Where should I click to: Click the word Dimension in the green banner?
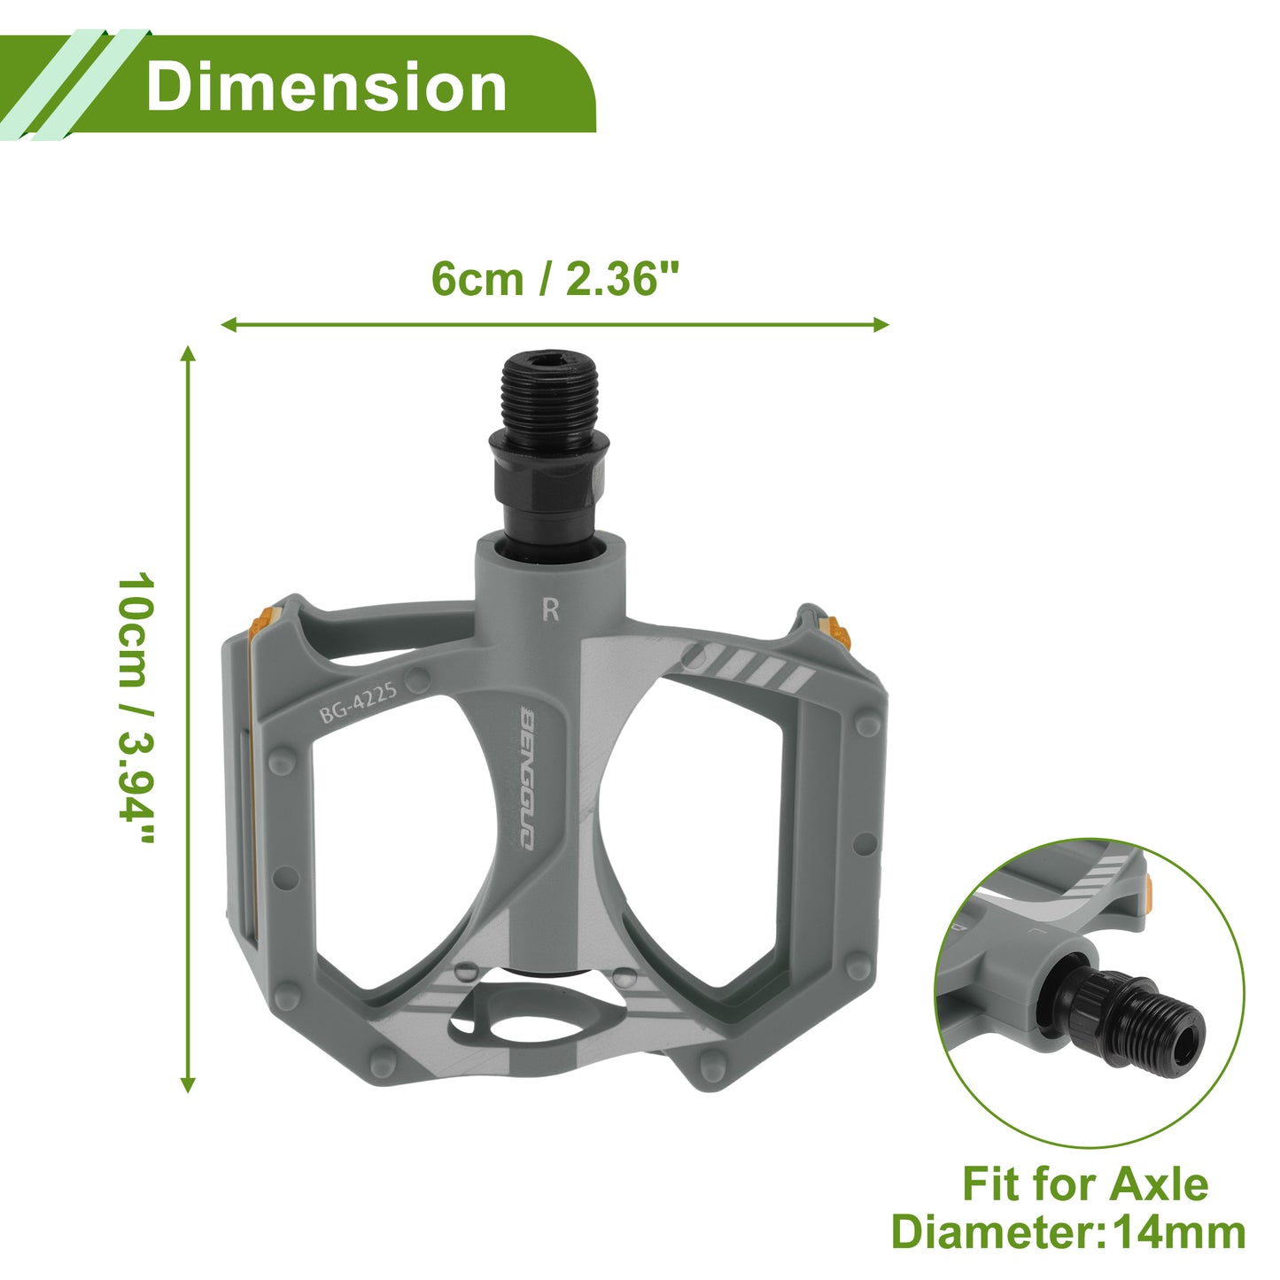coord(326,86)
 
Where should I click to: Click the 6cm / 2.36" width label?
coord(555,279)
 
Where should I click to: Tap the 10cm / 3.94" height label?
coord(136,708)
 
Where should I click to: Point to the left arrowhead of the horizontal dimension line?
coord(229,325)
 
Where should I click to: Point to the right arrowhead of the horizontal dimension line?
coord(880,325)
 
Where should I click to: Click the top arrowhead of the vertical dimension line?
coord(189,353)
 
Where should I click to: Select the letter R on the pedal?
coord(551,609)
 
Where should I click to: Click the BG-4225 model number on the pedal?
coord(358,702)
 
